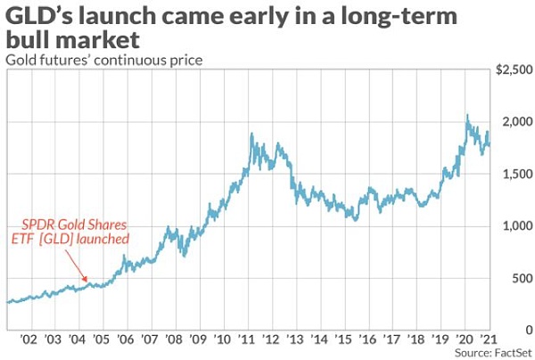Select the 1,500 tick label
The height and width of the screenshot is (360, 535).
pos(514,175)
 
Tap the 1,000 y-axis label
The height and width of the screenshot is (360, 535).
pos(514,226)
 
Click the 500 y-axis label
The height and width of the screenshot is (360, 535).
pos(518,278)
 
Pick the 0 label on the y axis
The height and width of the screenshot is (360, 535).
pos(525,330)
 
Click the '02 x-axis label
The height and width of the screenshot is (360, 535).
pos(29,340)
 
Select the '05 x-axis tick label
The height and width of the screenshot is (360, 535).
pos(101,340)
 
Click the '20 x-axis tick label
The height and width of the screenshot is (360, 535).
pos(465,340)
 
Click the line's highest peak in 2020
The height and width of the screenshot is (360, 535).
pos(466,115)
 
